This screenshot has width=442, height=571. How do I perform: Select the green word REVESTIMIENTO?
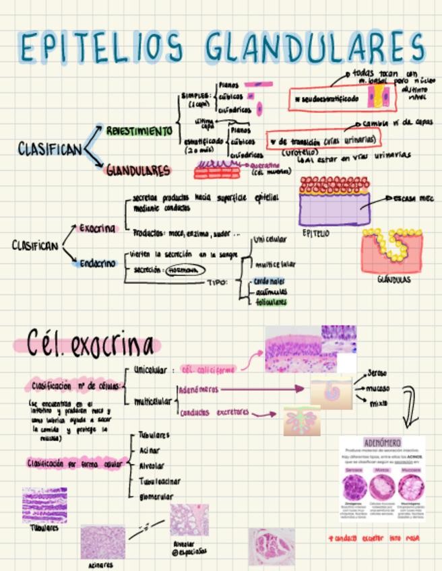tap(139, 131)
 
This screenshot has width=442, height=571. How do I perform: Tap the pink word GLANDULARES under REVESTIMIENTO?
tap(138, 171)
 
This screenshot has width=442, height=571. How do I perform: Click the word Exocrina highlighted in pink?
tap(98, 228)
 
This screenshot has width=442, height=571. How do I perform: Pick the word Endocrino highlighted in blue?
tap(98, 263)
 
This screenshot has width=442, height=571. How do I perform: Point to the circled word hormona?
tap(183, 270)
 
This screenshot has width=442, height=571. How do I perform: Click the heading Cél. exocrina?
tap(90, 345)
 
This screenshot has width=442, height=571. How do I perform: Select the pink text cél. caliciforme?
tap(208, 370)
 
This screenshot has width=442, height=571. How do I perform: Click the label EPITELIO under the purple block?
tap(315, 234)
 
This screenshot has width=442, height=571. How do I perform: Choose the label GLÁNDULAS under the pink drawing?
tap(393, 279)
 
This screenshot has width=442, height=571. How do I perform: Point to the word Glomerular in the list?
tap(156, 497)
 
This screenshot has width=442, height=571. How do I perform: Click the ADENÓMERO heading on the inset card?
tap(382, 442)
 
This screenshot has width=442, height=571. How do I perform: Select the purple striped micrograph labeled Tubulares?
tap(44, 505)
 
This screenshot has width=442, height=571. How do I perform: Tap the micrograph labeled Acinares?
tap(102, 543)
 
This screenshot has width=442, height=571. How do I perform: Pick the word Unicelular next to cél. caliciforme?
tap(150, 370)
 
